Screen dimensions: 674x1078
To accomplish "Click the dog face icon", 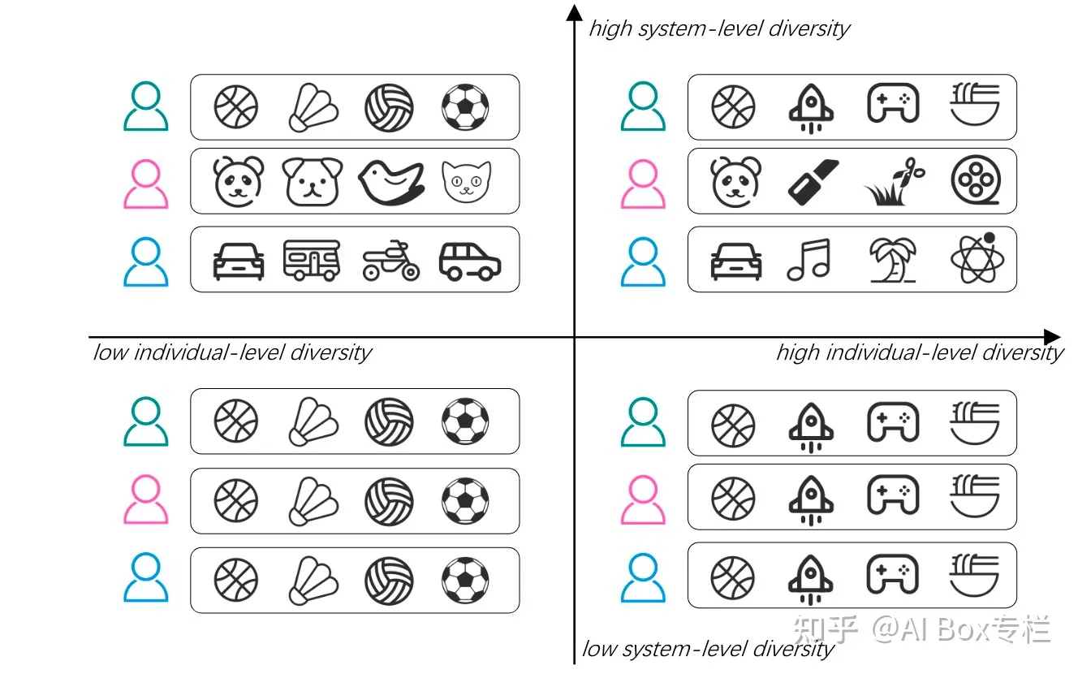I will pyautogui.click(x=313, y=181).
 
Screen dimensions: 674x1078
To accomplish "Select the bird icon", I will pyautogui.click(x=391, y=180).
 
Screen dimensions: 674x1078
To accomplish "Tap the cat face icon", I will pyautogui.click(x=466, y=181).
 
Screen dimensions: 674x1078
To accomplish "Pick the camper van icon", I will pyautogui.click(x=312, y=260).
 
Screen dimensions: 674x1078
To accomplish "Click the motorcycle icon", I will pyautogui.click(x=390, y=261).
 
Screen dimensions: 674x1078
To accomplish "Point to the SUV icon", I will pyautogui.click(x=469, y=261).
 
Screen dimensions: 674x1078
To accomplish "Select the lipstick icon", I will pyautogui.click(x=813, y=181).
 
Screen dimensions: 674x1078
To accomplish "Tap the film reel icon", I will pyautogui.click(x=975, y=180).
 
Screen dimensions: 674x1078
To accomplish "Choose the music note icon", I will pyautogui.click(x=810, y=260).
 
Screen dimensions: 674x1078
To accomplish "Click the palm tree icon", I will pyautogui.click(x=892, y=260).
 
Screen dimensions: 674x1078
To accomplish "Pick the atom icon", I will pyautogui.click(x=977, y=259).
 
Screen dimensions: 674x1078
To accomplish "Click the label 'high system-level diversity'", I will pyautogui.click(x=719, y=29).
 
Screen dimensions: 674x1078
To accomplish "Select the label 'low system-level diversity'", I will pyautogui.click(x=708, y=650).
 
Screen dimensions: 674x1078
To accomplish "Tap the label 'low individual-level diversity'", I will pyautogui.click(x=232, y=352).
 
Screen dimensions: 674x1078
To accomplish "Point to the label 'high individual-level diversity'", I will pyautogui.click(x=919, y=352).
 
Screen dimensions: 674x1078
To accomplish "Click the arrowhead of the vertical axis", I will pyautogui.click(x=575, y=12).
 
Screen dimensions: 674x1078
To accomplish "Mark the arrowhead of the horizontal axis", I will pyautogui.click(x=1052, y=337).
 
